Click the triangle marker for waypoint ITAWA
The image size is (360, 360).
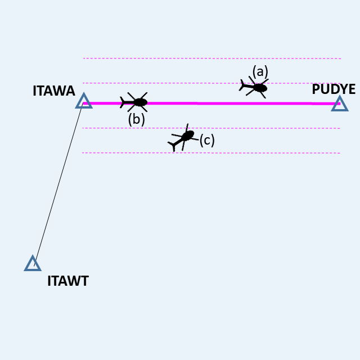[x=84, y=101]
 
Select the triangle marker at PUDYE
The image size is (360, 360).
[x=339, y=103]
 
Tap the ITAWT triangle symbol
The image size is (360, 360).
[x=33, y=264]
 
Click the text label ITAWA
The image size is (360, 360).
[x=53, y=91]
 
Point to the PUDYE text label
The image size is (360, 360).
[x=334, y=89]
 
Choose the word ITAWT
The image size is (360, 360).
[x=68, y=281]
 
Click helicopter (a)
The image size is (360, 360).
[x=256, y=87]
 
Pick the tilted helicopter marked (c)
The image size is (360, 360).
[x=184, y=137]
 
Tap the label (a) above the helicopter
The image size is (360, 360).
[x=260, y=71]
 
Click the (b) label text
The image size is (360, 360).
[x=136, y=119]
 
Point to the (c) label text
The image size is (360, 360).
[x=207, y=139]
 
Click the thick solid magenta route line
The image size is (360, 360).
[x=225, y=103]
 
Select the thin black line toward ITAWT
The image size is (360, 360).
[x=58, y=183]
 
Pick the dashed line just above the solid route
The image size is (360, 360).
[x=169, y=83]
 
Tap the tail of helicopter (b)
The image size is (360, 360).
[x=123, y=102]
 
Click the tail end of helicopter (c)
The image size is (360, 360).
[x=172, y=146]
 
